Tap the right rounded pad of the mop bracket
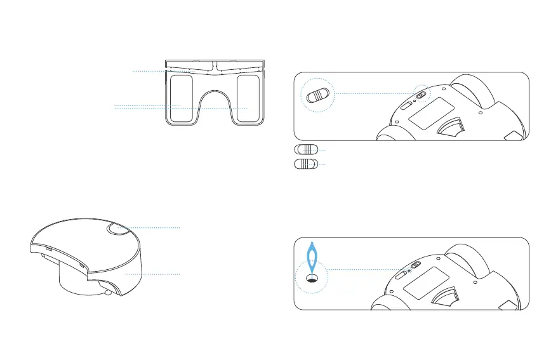click(247, 97)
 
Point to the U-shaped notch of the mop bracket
click(214, 105)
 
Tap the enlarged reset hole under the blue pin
click(312, 277)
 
